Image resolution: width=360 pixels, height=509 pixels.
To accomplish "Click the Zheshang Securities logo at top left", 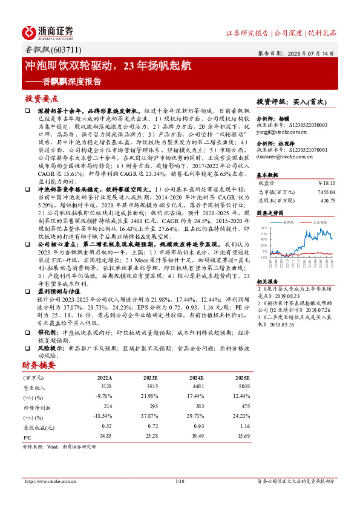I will pos(48,32).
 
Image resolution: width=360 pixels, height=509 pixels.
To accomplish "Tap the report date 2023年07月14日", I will pos(309,53).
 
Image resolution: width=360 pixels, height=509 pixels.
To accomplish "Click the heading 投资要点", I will pos(41,98).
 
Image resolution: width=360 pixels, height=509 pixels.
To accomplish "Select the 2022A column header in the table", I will pos(105,378).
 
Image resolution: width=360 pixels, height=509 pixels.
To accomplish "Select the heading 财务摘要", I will pos(38,365).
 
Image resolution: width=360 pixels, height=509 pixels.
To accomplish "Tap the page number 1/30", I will pos(179,481).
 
